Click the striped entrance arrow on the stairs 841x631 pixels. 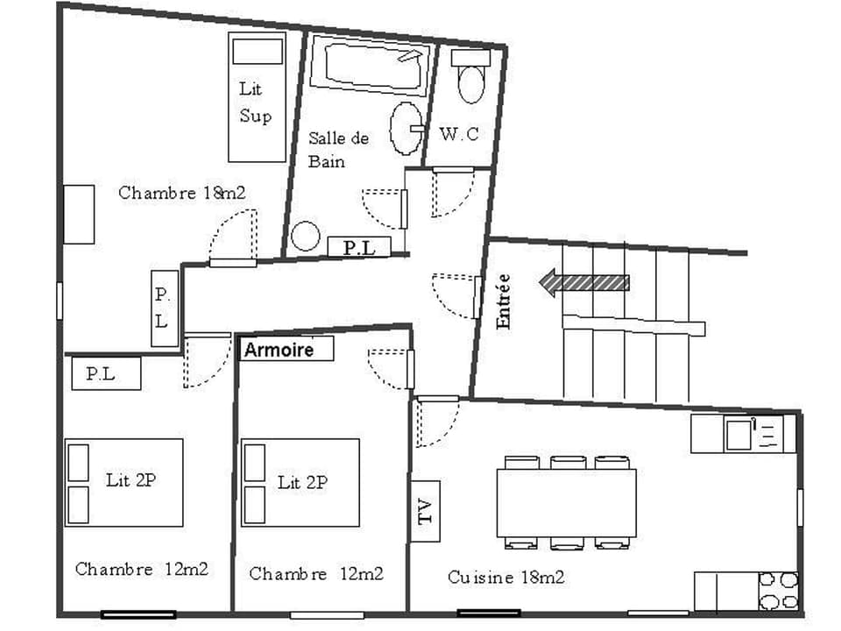pos(584,282)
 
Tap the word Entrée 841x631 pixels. pos(503,301)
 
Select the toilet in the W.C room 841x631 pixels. pos(470,77)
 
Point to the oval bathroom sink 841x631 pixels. pos(406,128)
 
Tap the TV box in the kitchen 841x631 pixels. pos(426,511)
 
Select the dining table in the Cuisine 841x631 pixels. pos(566,503)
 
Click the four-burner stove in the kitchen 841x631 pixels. pos(778,591)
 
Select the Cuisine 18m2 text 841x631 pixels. pos(505,578)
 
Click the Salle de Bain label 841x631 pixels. pos(338,150)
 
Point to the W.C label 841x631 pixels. pos(459,134)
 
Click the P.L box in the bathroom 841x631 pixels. pos(359,248)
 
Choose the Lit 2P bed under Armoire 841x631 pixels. pos(300,482)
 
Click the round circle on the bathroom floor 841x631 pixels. pos(306,236)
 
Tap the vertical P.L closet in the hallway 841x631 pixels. pos(162,307)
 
